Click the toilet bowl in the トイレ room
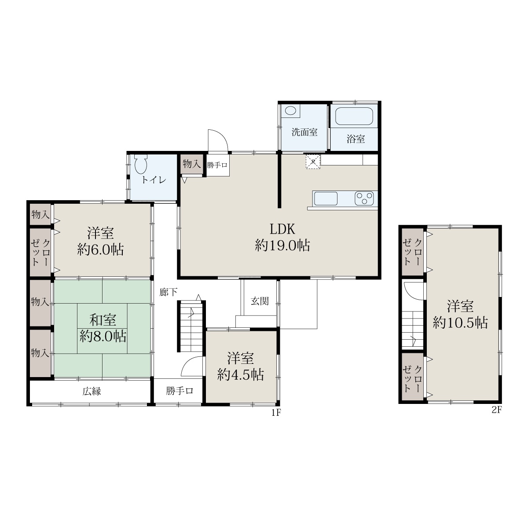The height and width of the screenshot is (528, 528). [x=141, y=165]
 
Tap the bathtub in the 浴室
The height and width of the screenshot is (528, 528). [x=354, y=116]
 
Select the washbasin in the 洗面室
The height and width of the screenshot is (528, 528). [x=290, y=111]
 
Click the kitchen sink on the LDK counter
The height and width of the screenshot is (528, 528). [x=326, y=198]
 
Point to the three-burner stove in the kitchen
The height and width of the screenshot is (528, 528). [x=364, y=198]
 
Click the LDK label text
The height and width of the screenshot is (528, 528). [x=282, y=229]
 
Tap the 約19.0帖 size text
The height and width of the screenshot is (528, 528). [x=282, y=246]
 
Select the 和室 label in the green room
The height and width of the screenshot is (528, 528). [x=103, y=320]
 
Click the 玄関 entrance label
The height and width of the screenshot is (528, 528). [x=260, y=301]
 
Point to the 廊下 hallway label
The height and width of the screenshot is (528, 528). [x=169, y=292]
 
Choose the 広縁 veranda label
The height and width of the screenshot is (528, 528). [x=92, y=391]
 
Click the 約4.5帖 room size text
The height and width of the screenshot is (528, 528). [x=241, y=375]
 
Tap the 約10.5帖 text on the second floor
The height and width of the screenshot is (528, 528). [x=460, y=323]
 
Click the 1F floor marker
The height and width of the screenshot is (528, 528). [x=276, y=413]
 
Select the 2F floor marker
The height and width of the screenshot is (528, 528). [x=496, y=410]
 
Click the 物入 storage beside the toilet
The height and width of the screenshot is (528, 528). [x=192, y=164]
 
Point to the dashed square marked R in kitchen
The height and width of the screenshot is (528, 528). [x=313, y=161]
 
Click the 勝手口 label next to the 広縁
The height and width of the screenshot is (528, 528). [x=180, y=391]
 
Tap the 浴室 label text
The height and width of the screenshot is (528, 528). [x=356, y=139]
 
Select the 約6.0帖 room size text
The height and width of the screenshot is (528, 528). [x=100, y=249]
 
